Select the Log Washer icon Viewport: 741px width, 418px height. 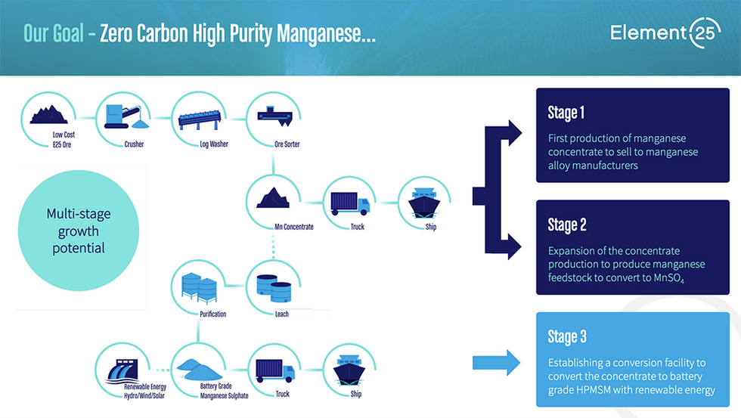[197, 116]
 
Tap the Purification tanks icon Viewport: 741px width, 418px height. [199, 285]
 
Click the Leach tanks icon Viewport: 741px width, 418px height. [272, 285]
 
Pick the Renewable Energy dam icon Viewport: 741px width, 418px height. [123, 368]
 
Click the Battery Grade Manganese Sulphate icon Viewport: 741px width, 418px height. [198, 368]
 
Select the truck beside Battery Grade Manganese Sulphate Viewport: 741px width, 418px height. [274, 368]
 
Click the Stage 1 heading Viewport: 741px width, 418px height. [566, 113]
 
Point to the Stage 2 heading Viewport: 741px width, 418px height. [567, 224]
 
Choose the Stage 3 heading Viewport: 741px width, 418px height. [567, 336]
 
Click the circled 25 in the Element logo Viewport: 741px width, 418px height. [704, 34]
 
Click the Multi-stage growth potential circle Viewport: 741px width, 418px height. [79, 232]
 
